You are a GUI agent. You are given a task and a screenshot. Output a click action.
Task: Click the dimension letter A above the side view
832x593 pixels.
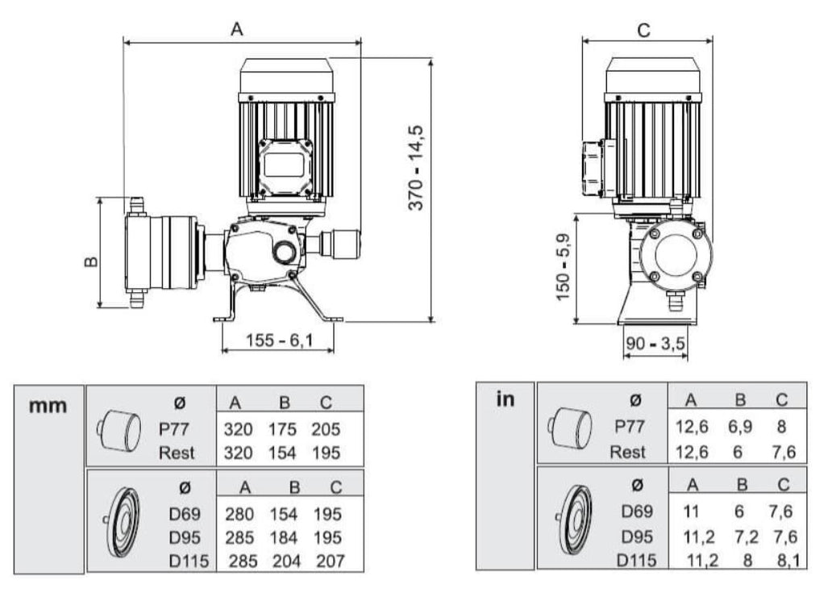coord(236,28)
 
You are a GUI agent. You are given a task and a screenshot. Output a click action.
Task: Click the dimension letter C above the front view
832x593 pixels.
coord(643,30)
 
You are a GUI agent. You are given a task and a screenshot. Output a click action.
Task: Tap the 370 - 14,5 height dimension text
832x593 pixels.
coord(417,168)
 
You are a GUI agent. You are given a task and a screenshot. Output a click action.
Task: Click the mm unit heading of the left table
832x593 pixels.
coord(48,404)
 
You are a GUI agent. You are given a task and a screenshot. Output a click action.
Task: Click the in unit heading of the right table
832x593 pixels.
coord(505,399)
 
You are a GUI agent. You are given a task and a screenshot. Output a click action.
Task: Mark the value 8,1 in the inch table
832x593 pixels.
coord(781,561)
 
